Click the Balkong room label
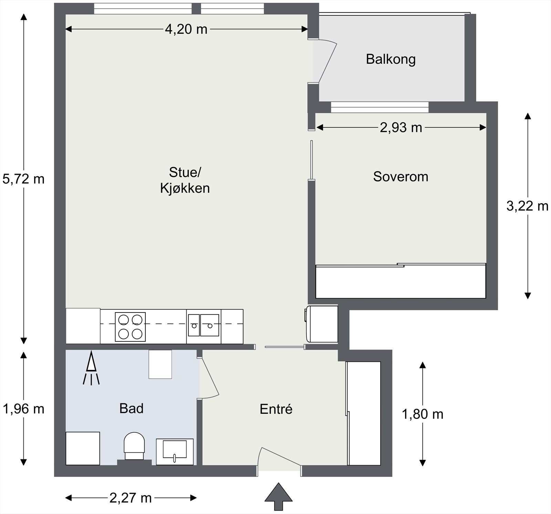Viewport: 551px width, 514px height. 391,59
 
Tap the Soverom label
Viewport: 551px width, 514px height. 401,177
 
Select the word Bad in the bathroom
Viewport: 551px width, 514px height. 131,408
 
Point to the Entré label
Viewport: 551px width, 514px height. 276,409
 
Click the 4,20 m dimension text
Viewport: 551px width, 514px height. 186,29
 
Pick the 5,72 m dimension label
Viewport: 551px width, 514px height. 23,179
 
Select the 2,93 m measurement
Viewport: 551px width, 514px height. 401,128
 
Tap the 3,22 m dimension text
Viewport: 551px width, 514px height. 527,206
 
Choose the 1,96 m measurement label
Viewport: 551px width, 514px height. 23,409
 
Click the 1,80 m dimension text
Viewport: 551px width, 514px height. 423,414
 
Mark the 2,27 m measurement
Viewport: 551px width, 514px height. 131,498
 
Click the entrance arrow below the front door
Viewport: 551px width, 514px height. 278,496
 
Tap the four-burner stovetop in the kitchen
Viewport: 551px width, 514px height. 130,327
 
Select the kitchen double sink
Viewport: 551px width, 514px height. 204,325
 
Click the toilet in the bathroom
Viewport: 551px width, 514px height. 134,446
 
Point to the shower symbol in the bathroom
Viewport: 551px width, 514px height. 91,368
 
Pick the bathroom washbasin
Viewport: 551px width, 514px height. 175,452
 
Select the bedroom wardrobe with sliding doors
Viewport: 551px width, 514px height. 401,281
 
